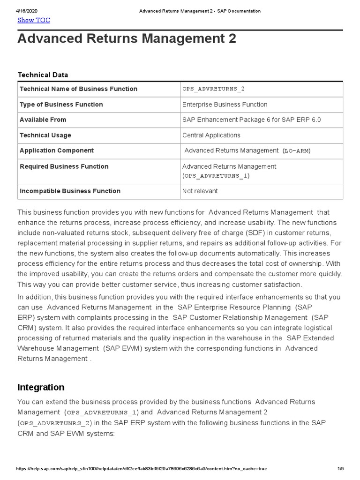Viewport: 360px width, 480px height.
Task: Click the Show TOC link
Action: [x=33, y=20]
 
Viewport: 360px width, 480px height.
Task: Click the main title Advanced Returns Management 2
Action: [x=127, y=39]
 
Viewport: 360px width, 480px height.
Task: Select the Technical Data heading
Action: [x=43, y=75]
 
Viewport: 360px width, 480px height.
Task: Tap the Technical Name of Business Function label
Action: [x=78, y=89]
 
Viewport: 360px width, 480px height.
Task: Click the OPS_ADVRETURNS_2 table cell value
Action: [x=213, y=89]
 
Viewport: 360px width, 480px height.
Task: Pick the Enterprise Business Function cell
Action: [x=225, y=105]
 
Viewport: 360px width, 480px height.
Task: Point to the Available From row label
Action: [x=43, y=120]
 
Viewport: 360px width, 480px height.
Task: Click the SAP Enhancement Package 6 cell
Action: [x=251, y=120]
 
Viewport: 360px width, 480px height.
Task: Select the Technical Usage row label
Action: [x=45, y=135]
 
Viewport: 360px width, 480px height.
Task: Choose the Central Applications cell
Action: [x=211, y=135]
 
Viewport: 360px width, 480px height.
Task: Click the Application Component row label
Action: [x=56, y=151]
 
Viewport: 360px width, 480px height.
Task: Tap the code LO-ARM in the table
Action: [x=297, y=151]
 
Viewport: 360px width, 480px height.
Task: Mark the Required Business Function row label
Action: [x=64, y=167]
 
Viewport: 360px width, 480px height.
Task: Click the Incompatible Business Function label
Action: [x=70, y=191]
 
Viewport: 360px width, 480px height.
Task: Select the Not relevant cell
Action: [x=200, y=191]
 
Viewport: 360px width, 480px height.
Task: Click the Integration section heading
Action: [x=41, y=388]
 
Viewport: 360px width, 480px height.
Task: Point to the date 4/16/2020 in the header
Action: [x=26, y=11]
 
